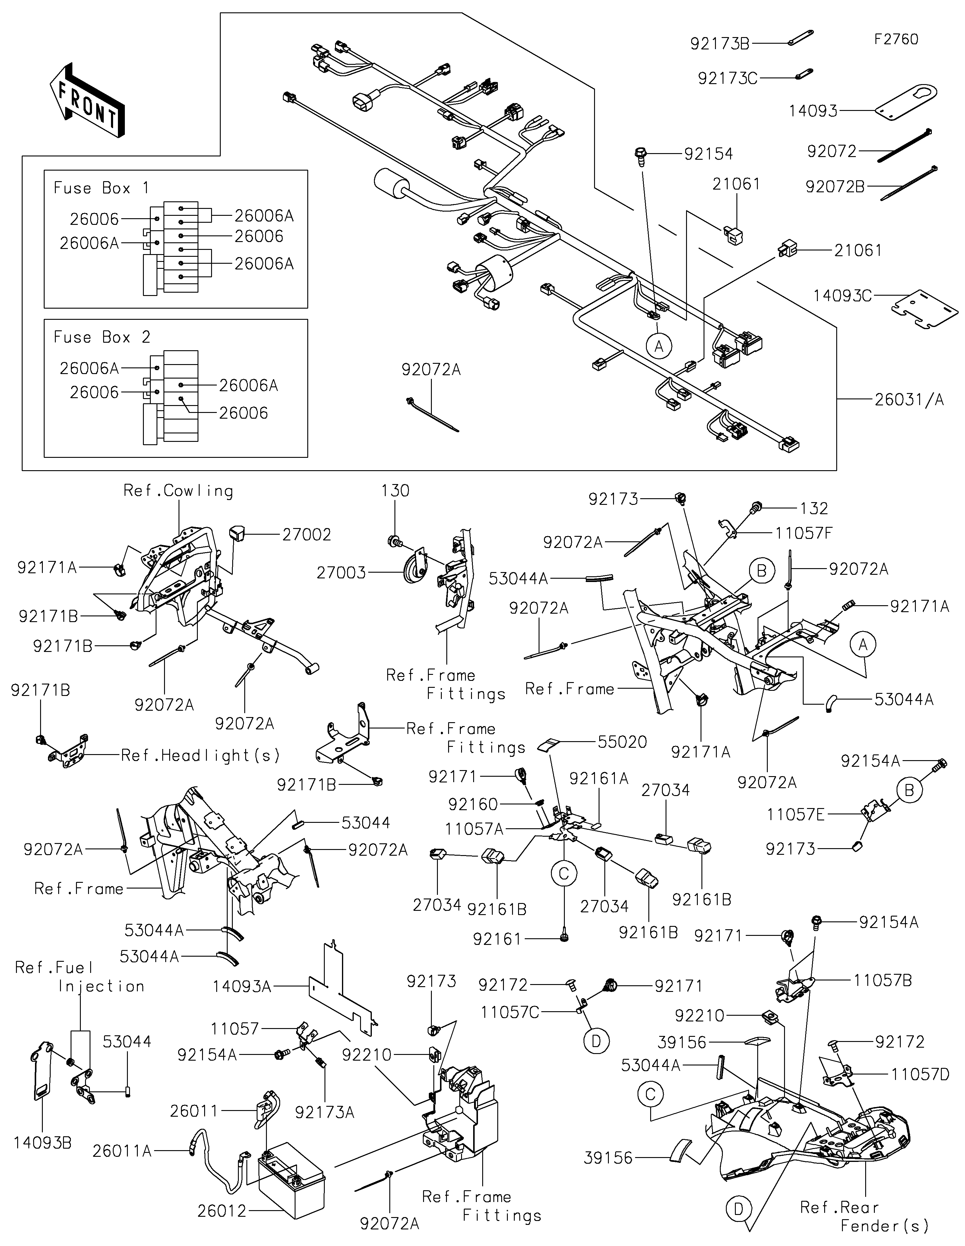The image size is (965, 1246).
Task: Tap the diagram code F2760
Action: pos(896,39)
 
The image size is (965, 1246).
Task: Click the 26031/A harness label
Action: pos(909,400)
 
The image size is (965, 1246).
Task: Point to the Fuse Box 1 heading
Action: pos(101,188)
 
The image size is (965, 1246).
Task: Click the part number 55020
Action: pos(622,742)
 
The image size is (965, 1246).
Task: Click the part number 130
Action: pos(395,491)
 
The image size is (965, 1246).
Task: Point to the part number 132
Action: pos(814,508)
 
